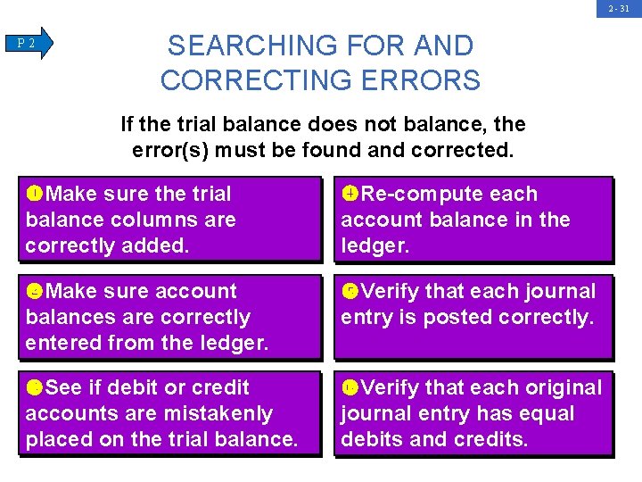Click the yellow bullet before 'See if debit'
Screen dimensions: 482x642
tap(35, 387)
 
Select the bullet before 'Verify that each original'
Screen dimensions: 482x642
tap(350, 387)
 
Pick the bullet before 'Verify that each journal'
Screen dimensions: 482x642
tap(350, 291)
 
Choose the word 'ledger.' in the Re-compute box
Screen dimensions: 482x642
tap(375, 245)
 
